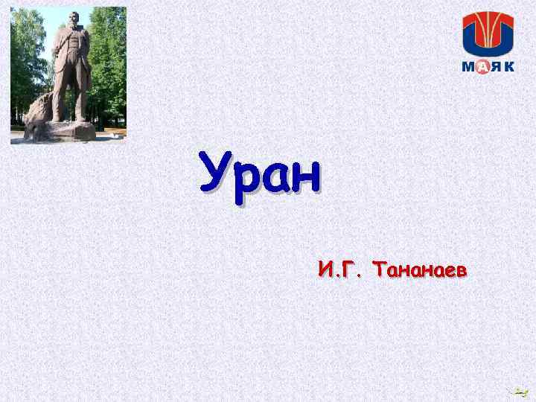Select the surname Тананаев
pos(421,269)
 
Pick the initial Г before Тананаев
pos(348,269)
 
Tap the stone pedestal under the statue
pos(71,131)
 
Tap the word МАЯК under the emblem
pos(488,67)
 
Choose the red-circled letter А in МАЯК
pos(482,67)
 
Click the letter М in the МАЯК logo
pos(468,67)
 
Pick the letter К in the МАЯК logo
pos(509,67)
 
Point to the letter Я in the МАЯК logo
pos(497,67)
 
